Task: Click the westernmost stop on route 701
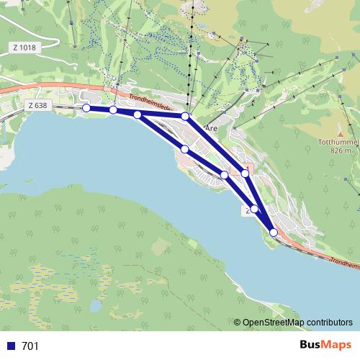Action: pyautogui.click(x=86, y=108)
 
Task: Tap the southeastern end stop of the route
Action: pyautogui.click(x=273, y=232)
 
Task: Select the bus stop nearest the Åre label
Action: pyautogui.click(x=185, y=116)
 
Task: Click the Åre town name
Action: pyautogui.click(x=211, y=127)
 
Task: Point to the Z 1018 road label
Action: pyautogui.click(x=24, y=48)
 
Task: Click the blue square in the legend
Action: pyautogui.click(x=11, y=346)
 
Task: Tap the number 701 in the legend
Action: pyautogui.click(x=30, y=346)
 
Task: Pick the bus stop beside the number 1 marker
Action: pyautogui.click(x=246, y=174)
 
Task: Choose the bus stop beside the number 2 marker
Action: pyautogui.click(x=254, y=209)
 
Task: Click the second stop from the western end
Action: pyautogui.click(x=113, y=109)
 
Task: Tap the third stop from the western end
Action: pyautogui.click(x=138, y=114)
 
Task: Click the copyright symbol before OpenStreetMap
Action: pyautogui.click(x=238, y=323)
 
